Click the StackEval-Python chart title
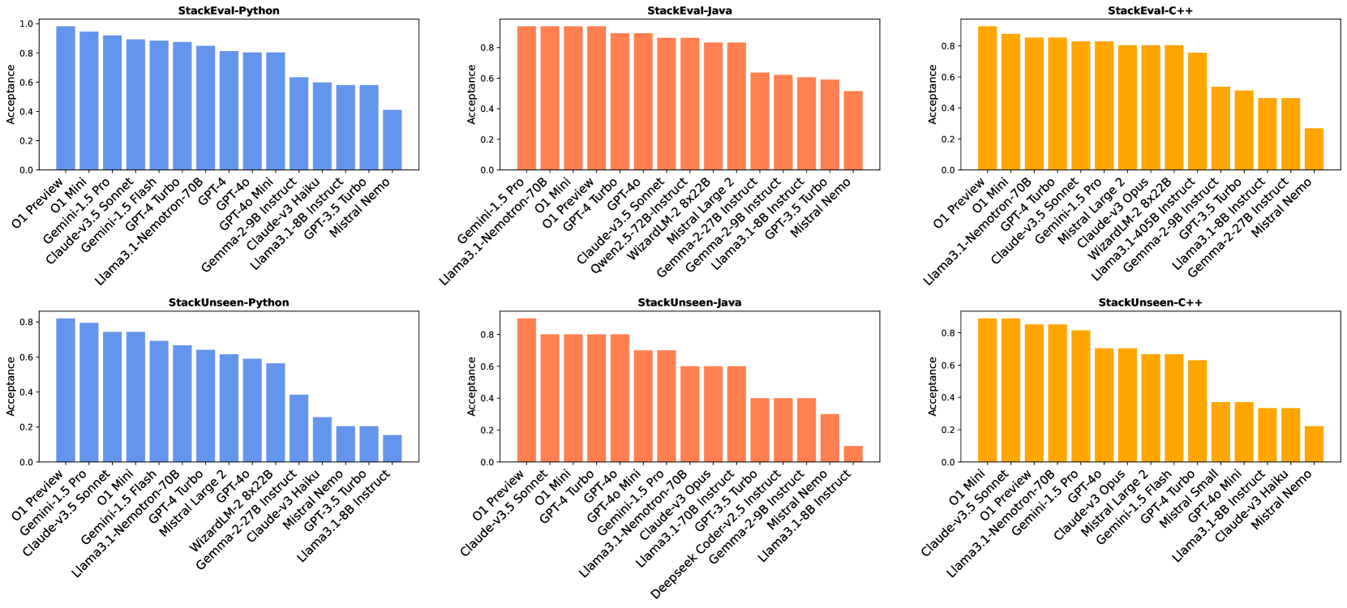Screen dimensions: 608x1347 pos(229,11)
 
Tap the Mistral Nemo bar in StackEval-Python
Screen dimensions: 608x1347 pos(393,139)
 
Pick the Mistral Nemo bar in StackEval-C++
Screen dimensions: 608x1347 pos(1314,149)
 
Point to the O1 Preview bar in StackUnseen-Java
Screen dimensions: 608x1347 pos(526,390)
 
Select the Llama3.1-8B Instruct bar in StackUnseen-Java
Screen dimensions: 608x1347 pos(853,454)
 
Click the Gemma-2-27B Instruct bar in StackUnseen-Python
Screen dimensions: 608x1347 pos(299,428)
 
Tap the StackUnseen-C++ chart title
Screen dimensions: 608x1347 pos(1150,302)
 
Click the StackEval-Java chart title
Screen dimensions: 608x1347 pos(689,11)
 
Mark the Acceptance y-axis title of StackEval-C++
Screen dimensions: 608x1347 pos(932,94)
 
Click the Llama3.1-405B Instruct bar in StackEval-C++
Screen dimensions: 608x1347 pos(1197,111)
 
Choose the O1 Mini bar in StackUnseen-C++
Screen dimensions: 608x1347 pos(987,390)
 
